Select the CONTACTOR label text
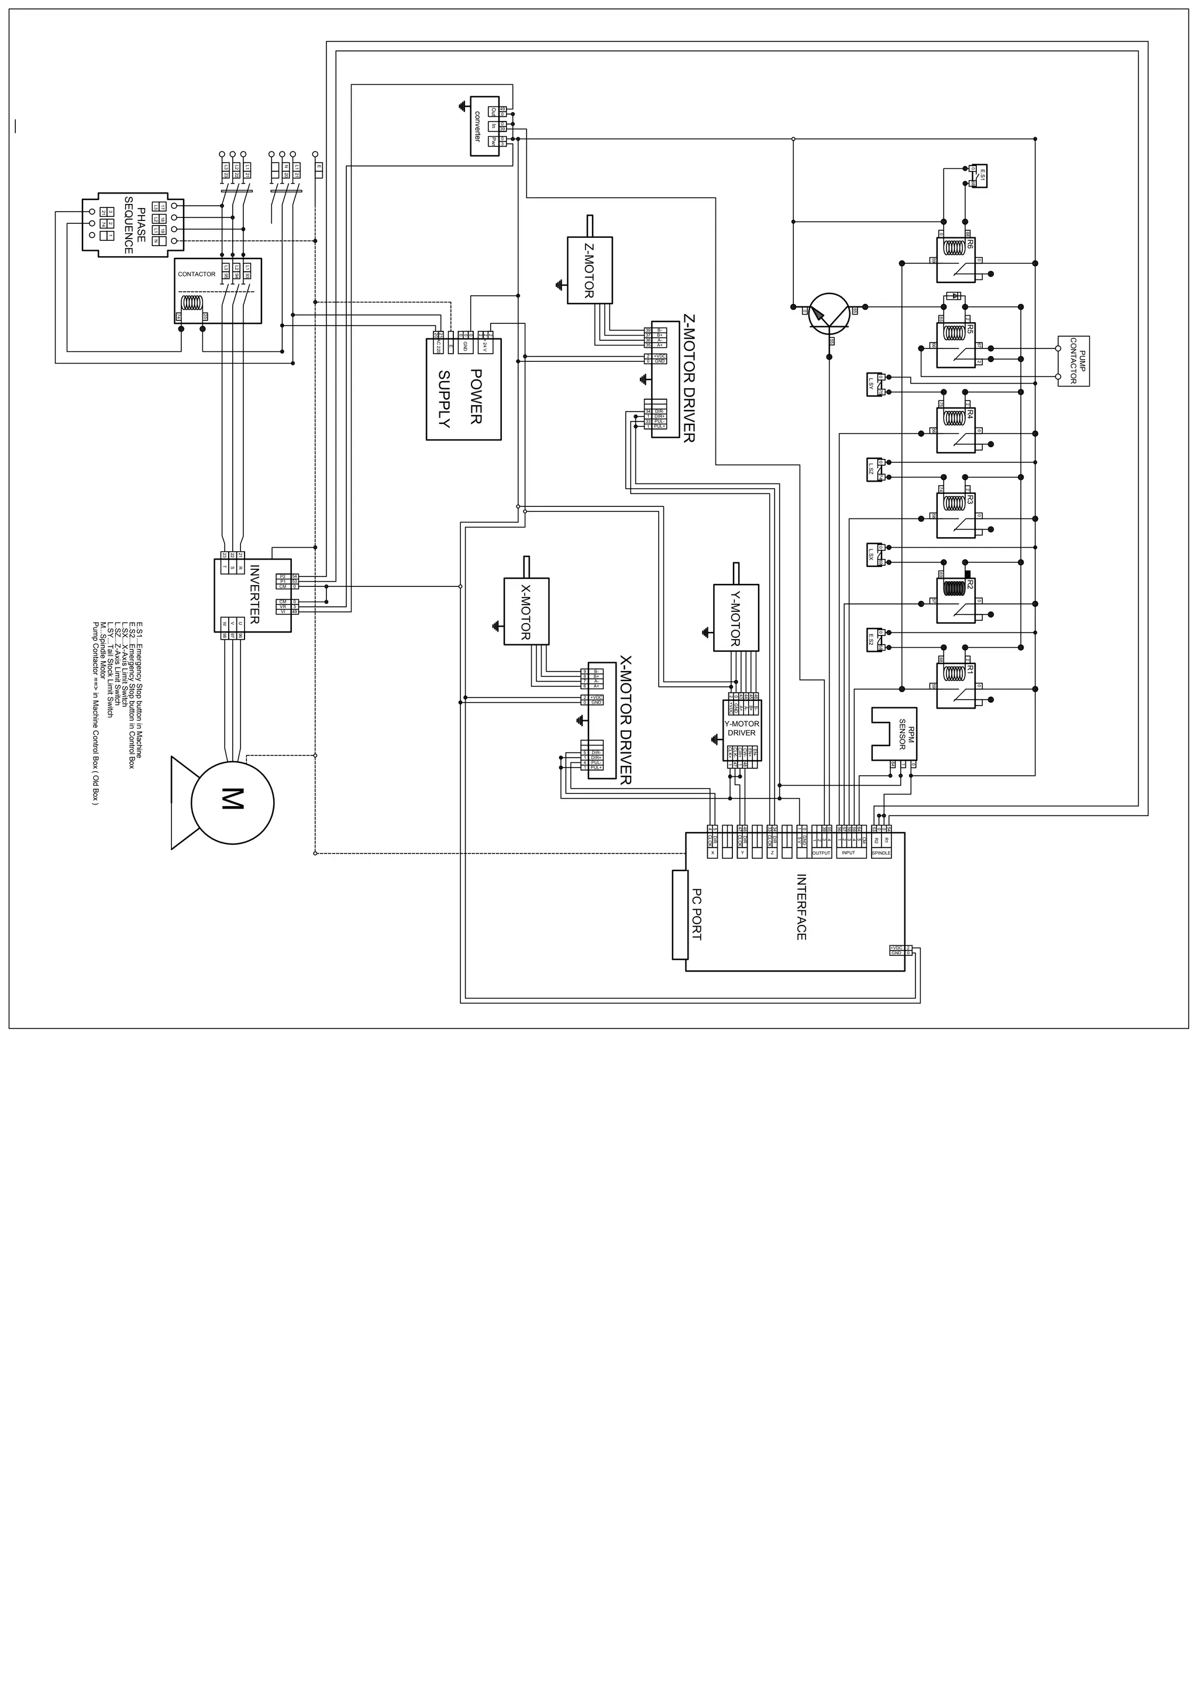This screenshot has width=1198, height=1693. (196, 274)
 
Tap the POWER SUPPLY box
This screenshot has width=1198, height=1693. (463, 389)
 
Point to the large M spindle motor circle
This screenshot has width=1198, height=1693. (232, 801)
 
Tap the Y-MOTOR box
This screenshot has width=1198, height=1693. (735, 617)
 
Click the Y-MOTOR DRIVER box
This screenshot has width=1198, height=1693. (741, 729)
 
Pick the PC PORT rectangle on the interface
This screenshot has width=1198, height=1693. (681, 914)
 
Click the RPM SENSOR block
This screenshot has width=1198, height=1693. (893, 734)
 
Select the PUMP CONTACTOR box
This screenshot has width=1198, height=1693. (1073, 361)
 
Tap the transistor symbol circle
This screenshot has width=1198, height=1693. (829, 313)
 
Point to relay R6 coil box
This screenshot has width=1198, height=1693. (956, 260)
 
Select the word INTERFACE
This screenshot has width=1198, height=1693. (801, 907)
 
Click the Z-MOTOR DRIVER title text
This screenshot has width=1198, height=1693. (688, 378)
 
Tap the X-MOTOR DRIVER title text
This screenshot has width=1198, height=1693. (625, 720)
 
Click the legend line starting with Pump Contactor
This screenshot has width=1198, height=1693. (95, 714)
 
